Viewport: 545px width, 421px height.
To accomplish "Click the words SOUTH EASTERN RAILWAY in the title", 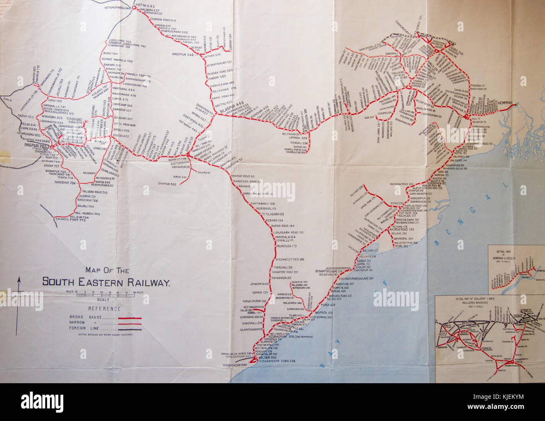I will [106, 282].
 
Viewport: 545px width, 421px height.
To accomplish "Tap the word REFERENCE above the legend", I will [104, 309].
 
